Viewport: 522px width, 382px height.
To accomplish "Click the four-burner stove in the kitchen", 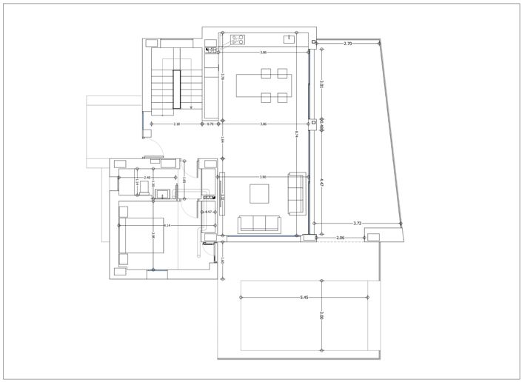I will point(238,38).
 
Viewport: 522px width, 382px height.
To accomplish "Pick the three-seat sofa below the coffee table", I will point(259,224).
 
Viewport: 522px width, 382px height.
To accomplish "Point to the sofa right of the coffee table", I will point(296,193).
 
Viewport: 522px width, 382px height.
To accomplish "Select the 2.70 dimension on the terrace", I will point(347,44).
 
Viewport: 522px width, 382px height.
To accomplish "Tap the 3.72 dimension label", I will point(357,223).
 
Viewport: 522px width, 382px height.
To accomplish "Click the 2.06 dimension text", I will point(341,238).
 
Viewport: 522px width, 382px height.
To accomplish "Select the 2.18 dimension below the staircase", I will point(178,124).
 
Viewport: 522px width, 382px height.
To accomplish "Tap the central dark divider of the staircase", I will point(176,89).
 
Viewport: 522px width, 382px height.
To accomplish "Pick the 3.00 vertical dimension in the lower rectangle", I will point(321,316).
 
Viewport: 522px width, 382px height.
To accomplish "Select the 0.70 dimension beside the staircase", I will point(210,124).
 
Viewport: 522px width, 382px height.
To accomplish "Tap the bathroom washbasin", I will point(162,195).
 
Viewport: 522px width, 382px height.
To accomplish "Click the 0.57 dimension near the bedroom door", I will point(209,212).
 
